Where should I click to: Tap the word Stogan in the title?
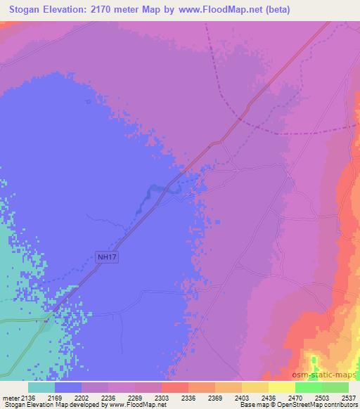click(x=26, y=10)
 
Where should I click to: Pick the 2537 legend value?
click(x=348, y=397)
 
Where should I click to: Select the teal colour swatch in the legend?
click(x=41, y=387)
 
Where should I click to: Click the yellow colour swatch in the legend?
click(x=281, y=387)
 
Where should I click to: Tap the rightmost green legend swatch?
click(x=335, y=387)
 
